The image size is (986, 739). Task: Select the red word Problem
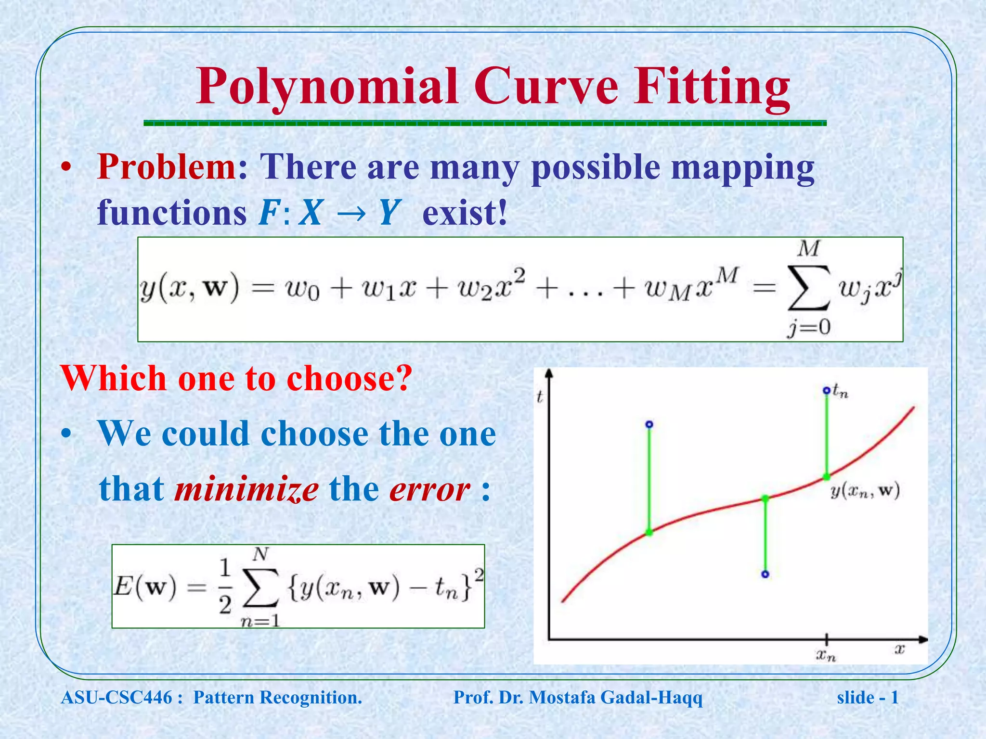click(166, 167)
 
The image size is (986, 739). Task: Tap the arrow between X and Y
click(350, 213)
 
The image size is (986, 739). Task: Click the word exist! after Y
click(465, 213)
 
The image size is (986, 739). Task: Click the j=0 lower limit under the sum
click(809, 328)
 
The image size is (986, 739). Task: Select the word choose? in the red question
click(350, 379)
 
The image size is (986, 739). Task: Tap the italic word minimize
click(246, 489)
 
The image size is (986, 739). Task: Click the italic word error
click(429, 489)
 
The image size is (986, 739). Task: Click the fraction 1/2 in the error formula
click(225, 586)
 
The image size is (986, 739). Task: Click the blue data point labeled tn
click(827, 390)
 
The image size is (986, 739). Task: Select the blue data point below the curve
click(765, 574)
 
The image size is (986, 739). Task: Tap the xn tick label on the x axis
click(826, 655)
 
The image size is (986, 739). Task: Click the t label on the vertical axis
click(540, 396)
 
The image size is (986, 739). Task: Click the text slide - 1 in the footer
click(868, 698)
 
